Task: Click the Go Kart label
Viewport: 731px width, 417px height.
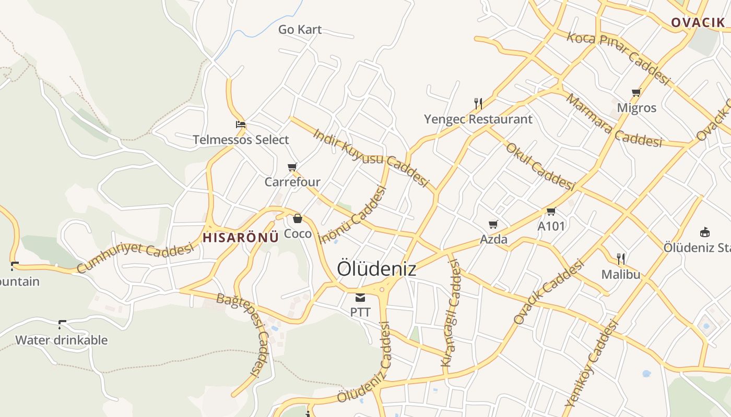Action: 300,30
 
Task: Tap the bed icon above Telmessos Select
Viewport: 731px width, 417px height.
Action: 241,125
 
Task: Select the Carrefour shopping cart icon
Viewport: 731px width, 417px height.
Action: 292,167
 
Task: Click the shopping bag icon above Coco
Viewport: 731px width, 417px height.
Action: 298,218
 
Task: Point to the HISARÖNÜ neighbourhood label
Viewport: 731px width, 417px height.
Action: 241,238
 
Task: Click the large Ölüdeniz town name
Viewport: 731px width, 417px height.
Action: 376,269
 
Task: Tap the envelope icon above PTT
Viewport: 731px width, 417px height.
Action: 360,298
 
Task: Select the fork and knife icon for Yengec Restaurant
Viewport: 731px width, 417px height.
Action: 478,103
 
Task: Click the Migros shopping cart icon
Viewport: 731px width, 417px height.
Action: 636,93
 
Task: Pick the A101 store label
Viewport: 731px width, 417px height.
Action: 551,226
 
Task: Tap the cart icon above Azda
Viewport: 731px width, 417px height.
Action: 493,225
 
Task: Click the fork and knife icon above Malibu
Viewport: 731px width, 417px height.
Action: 621,259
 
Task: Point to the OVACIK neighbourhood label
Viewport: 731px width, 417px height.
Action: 698,22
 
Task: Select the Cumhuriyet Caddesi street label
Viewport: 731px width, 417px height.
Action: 135,257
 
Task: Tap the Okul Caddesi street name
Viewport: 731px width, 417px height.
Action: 540,166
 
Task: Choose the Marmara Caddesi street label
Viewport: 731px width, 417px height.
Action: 614,121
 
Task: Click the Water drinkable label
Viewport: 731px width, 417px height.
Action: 62,340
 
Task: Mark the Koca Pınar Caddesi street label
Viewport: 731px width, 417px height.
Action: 618,57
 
